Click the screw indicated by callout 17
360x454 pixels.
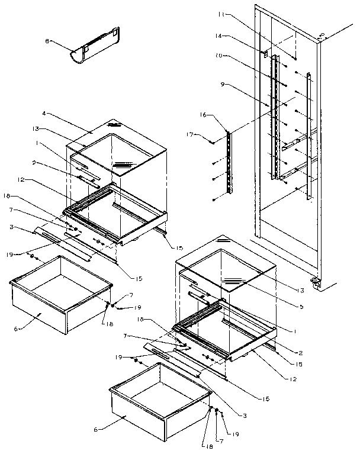coord(212,140)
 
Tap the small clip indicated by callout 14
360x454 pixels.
coord(266,53)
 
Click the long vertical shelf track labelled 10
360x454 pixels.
coord(273,118)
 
